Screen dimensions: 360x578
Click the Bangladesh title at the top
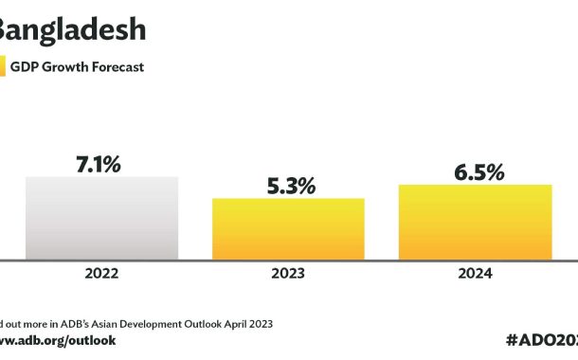click(x=71, y=29)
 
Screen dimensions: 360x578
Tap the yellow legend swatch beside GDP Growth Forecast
click(x=3, y=67)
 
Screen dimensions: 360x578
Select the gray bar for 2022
click(x=101, y=218)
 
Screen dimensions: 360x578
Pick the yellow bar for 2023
click(x=288, y=228)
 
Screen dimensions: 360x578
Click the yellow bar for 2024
click(x=475, y=222)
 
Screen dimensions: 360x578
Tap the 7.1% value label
click(x=99, y=164)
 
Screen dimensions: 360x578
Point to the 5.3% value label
click(x=288, y=186)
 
